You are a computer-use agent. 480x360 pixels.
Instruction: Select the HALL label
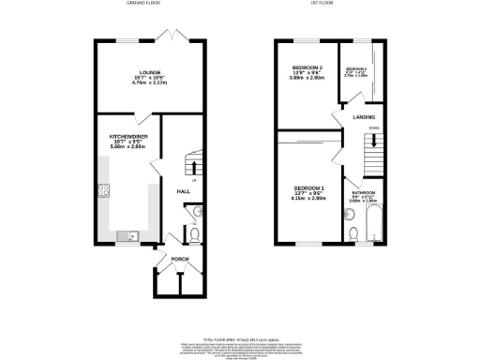184,191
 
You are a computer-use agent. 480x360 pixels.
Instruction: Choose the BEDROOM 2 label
307,68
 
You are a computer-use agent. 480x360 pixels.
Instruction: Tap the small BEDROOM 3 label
357,70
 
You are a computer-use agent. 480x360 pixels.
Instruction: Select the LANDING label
364,117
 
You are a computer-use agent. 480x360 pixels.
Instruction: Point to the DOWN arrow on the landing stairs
374,141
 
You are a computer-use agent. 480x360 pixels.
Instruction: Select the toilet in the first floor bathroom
352,232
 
